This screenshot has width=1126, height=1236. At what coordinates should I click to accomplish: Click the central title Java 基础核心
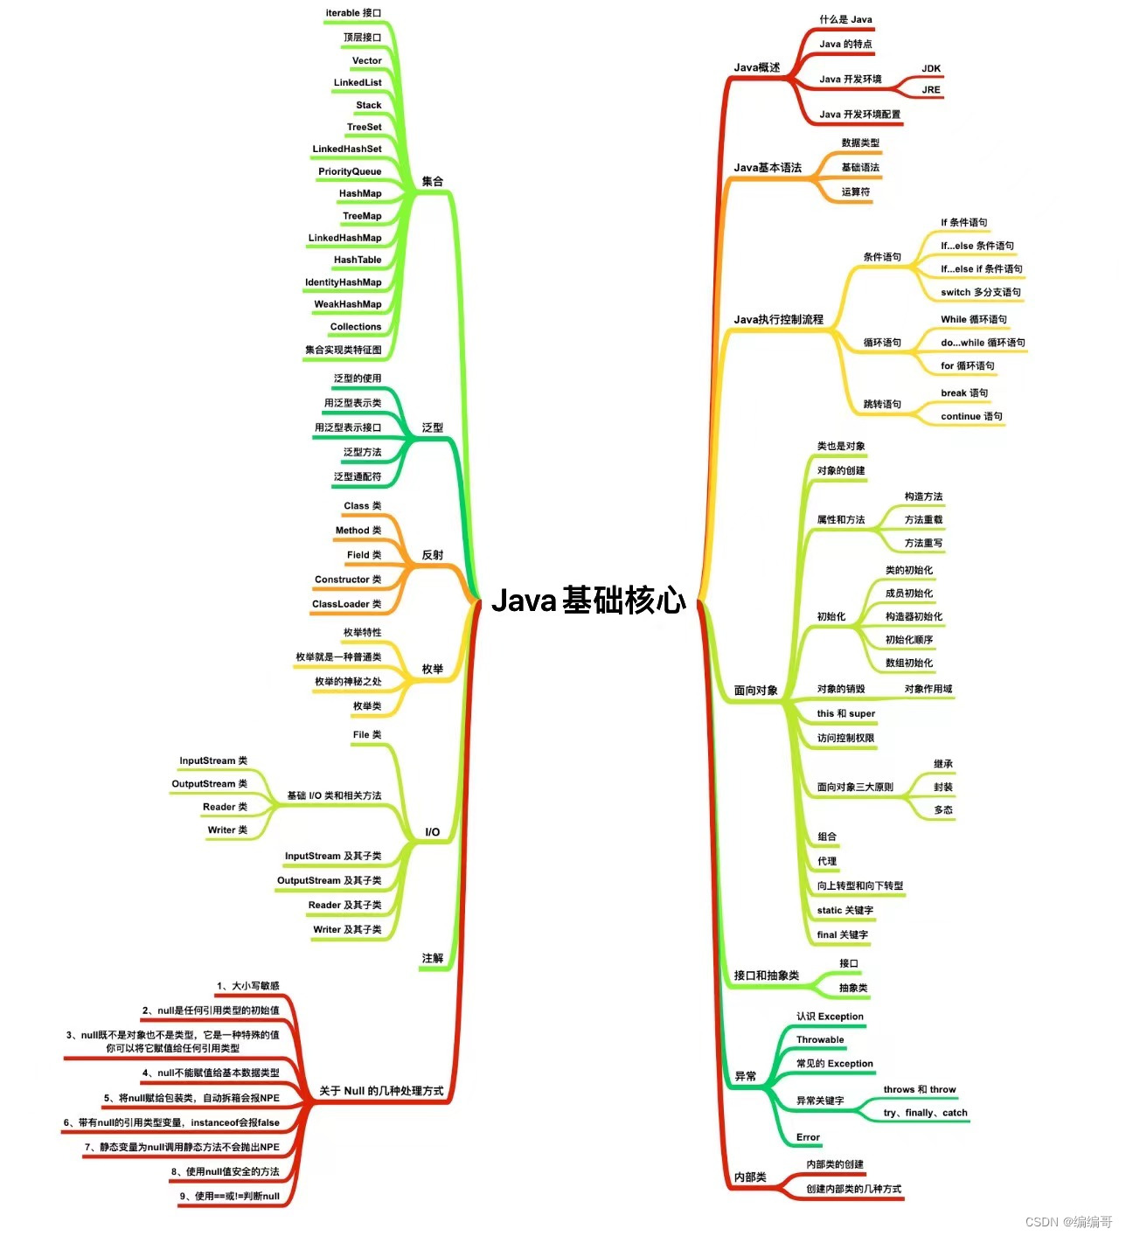[x=588, y=601]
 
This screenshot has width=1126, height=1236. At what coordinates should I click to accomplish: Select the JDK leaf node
[x=931, y=68]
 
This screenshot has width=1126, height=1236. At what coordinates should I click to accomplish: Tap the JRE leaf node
[x=931, y=89]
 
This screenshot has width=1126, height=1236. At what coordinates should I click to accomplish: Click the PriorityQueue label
[x=350, y=171]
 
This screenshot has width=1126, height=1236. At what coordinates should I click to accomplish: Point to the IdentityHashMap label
[x=344, y=282]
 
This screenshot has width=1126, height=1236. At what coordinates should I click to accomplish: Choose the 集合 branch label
[x=433, y=182]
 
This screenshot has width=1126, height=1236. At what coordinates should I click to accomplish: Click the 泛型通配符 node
[x=358, y=476]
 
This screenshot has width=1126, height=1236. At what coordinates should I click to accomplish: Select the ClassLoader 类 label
[x=347, y=604]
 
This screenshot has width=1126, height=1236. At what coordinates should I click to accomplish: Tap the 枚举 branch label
[x=433, y=669]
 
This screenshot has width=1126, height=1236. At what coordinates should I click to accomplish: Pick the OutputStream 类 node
[x=210, y=784]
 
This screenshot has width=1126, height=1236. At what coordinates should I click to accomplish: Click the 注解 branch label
[x=433, y=958]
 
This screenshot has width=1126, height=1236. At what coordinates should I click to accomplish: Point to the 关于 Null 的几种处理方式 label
[x=381, y=1091]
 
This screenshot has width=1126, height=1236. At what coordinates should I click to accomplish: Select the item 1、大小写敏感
[x=248, y=986]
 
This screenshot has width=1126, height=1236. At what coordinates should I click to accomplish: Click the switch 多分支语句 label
[x=981, y=292]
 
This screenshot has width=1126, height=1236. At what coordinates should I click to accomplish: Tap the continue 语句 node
[x=971, y=416]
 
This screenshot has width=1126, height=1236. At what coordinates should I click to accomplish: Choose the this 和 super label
[x=846, y=713]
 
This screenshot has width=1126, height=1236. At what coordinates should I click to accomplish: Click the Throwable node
[x=820, y=1039]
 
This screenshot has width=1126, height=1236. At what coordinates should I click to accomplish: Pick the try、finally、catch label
[x=926, y=1113]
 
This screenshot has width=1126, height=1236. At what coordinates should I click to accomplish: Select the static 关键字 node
[x=845, y=910]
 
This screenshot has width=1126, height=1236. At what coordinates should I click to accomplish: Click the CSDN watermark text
[x=1068, y=1221]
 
